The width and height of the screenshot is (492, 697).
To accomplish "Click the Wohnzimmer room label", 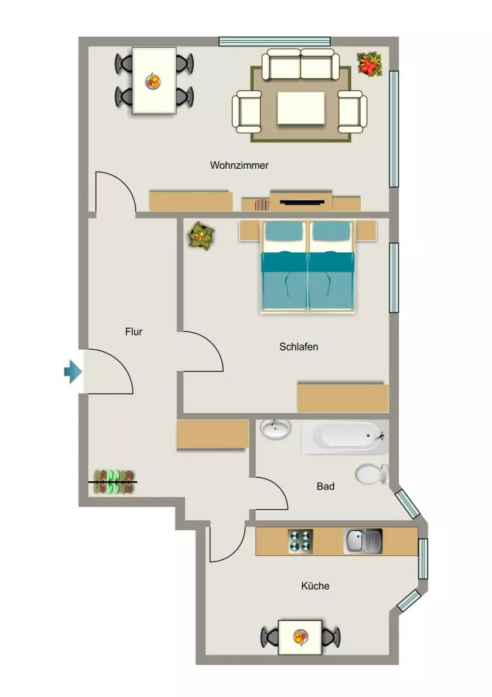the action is [239, 165].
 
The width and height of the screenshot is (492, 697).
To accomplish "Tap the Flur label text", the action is [134, 331].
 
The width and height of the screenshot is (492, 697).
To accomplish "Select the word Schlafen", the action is [299, 346].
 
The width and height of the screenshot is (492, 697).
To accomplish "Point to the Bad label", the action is [325, 486].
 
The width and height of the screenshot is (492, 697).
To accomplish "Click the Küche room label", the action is [315, 586].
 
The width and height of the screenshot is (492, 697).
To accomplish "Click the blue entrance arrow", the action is [73, 371].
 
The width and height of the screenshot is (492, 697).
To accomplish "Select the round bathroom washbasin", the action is [276, 429].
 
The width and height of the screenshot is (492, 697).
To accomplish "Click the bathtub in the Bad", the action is [345, 437].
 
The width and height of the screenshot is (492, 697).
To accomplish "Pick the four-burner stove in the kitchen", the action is [301, 541].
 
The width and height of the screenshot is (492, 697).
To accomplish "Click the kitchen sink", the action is [363, 541].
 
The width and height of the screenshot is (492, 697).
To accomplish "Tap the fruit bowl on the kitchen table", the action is [301, 637].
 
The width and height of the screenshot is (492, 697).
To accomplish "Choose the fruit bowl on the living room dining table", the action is [153, 81].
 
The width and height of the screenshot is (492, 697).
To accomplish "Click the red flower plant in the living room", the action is [370, 64].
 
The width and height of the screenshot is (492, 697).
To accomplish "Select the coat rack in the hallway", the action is [114, 482].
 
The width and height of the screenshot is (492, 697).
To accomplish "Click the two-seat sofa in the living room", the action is [301, 65].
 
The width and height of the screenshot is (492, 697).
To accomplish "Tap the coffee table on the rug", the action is [301, 108].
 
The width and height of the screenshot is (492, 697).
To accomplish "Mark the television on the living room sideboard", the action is [301, 203].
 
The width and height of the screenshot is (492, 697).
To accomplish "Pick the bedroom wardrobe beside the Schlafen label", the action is [343, 398].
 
